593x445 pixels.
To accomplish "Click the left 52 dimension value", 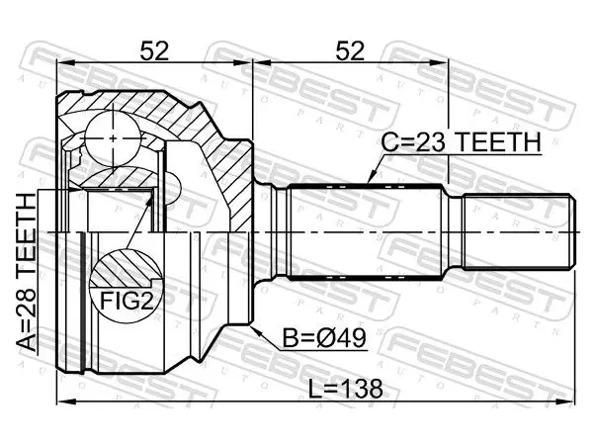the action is (x=154, y=51).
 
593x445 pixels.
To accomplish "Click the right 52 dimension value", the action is (x=350, y=51).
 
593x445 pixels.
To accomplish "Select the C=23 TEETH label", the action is (x=461, y=142).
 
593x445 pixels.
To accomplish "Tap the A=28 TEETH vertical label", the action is (x=27, y=272).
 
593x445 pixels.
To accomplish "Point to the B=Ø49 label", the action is (x=324, y=338).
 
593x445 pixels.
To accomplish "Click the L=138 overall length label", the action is (x=346, y=389).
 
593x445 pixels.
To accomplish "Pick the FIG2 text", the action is (x=127, y=302).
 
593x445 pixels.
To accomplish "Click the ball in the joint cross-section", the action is (x=113, y=138).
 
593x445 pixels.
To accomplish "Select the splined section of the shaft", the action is (x=365, y=231).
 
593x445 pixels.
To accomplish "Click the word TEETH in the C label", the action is (x=498, y=142).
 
